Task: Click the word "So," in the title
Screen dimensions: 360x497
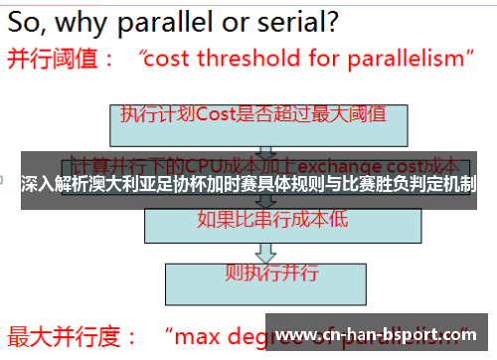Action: (34, 20)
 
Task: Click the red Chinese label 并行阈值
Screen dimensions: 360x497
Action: (55, 59)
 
